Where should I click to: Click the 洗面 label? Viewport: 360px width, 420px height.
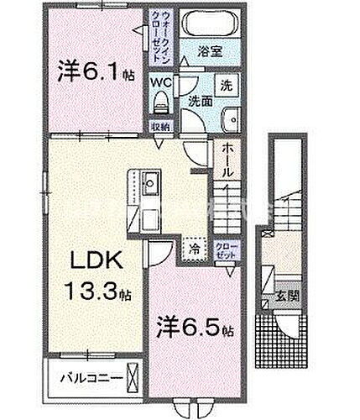point(199,98)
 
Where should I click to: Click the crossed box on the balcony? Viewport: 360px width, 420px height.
point(129,377)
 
